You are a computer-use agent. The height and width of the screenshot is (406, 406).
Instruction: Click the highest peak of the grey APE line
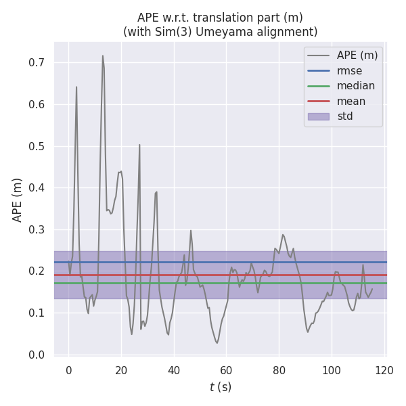click(x=103, y=55)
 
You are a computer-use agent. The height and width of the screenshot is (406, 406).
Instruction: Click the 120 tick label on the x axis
click(x=384, y=370)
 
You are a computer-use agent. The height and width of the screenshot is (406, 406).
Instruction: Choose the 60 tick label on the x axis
click(x=227, y=370)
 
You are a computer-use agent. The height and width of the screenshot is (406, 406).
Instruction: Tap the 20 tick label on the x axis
click(x=121, y=370)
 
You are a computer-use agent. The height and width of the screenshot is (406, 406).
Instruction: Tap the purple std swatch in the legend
click(x=319, y=116)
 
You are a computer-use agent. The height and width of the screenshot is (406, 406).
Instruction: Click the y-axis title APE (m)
click(x=18, y=200)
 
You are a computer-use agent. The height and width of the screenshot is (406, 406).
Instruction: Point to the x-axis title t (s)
click(x=220, y=387)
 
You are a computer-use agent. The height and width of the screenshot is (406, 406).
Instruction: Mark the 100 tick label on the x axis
click(x=332, y=370)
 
